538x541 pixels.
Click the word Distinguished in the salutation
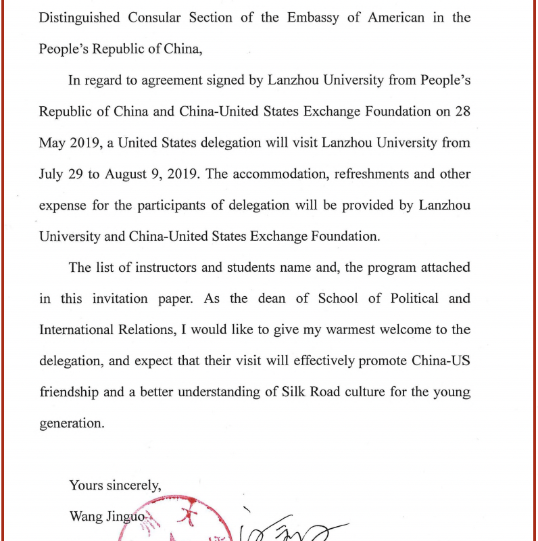pyautogui.click(x=79, y=18)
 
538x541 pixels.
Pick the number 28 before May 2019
pyautogui.click(x=462, y=112)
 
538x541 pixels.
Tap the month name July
pyautogui.click(x=52, y=174)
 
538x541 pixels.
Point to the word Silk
pyautogui.click(x=295, y=392)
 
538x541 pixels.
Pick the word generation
pyautogui.click(x=71, y=423)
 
